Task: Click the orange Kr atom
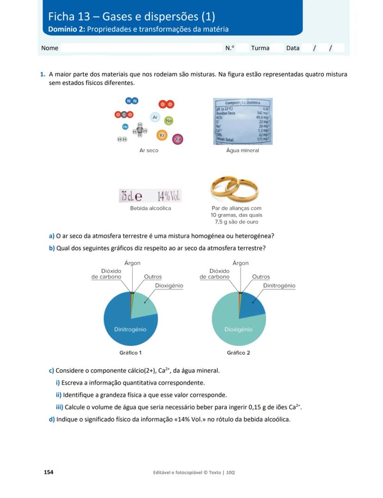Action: pyautogui.click(x=162, y=135)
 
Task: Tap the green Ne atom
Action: pyautogui.click(x=169, y=120)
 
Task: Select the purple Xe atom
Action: pyautogui.click(x=178, y=139)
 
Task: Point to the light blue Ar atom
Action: pyautogui.click(x=155, y=117)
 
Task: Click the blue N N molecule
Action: pyautogui.click(x=132, y=101)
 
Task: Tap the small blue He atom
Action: pyautogui.click(x=125, y=127)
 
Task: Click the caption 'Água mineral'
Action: pyautogui.click(x=242, y=150)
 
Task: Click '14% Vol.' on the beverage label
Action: pyautogui.click(x=168, y=196)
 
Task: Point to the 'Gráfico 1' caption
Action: pyautogui.click(x=130, y=353)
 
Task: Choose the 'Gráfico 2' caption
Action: pyautogui.click(x=238, y=353)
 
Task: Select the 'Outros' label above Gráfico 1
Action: pyautogui.click(x=153, y=277)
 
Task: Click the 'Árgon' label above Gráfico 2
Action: pyautogui.click(x=241, y=263)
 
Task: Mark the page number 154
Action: pyautogui.click(x=49, y=472)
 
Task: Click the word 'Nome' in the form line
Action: pyautogui.click(x=49, y=48)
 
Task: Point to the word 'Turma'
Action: pyautogui.click(x=260, y=48)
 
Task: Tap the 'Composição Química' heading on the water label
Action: pyautogui.click(x=242, y=103)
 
